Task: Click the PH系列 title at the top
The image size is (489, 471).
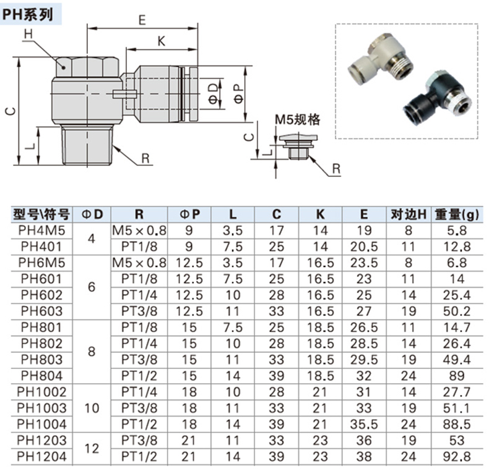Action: pos(27,14)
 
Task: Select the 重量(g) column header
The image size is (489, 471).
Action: pos(457,214)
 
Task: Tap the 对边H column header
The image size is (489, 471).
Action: pos(409,214)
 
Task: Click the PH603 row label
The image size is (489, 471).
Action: pos(42,311)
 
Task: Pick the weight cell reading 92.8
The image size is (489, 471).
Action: pos(457,457)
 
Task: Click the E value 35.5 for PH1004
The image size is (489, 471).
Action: pos(364,424)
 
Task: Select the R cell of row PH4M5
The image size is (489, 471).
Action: pos(139,231)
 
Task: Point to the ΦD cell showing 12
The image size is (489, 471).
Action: pos(92,449)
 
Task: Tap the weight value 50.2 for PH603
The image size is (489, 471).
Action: pos(457,311)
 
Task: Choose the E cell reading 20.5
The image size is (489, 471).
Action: pos(364,247)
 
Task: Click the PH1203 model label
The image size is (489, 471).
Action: pos(42,441)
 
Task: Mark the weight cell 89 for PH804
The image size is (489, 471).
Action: pos(457,376)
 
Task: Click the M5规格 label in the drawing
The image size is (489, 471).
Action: pos(298,119)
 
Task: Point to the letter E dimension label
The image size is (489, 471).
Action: pos(142,20)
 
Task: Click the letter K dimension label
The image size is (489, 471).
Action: pos(161,41)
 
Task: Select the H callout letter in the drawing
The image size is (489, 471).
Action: pos(28,33)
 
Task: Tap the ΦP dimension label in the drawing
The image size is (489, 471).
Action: pos(240,95)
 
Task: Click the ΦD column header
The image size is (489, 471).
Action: pos(92,214)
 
